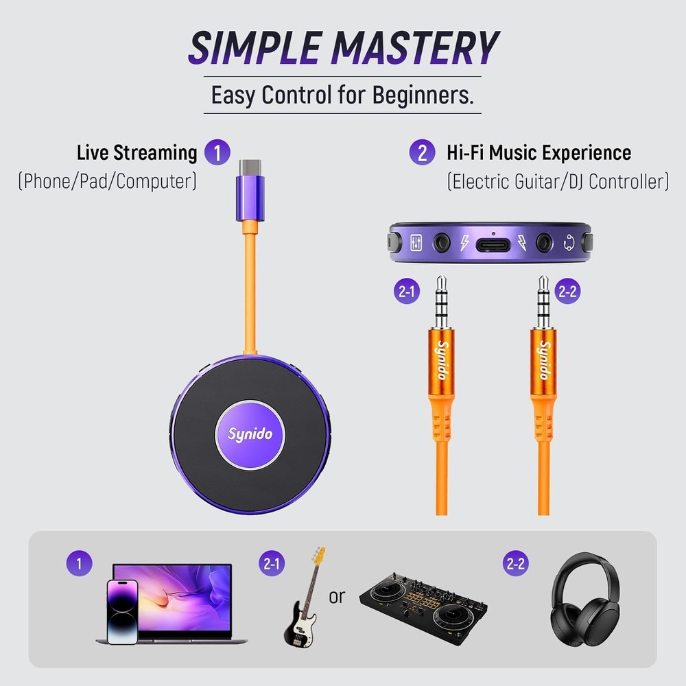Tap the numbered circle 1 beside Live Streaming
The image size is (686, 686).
pos(217,152)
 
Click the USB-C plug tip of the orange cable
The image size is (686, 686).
pos(250,167)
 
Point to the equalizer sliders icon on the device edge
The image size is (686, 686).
pos(416,243)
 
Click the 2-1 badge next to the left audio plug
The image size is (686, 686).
pos(407,292)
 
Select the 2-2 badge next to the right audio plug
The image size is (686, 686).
pos(569,291)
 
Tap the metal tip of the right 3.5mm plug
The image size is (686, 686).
pos(543,283)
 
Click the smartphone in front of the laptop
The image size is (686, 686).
pos(122,611)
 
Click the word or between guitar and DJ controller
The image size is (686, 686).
pos(336,597)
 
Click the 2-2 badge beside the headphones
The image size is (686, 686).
pos(516,564)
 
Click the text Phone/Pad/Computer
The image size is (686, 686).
pos(107,181)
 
